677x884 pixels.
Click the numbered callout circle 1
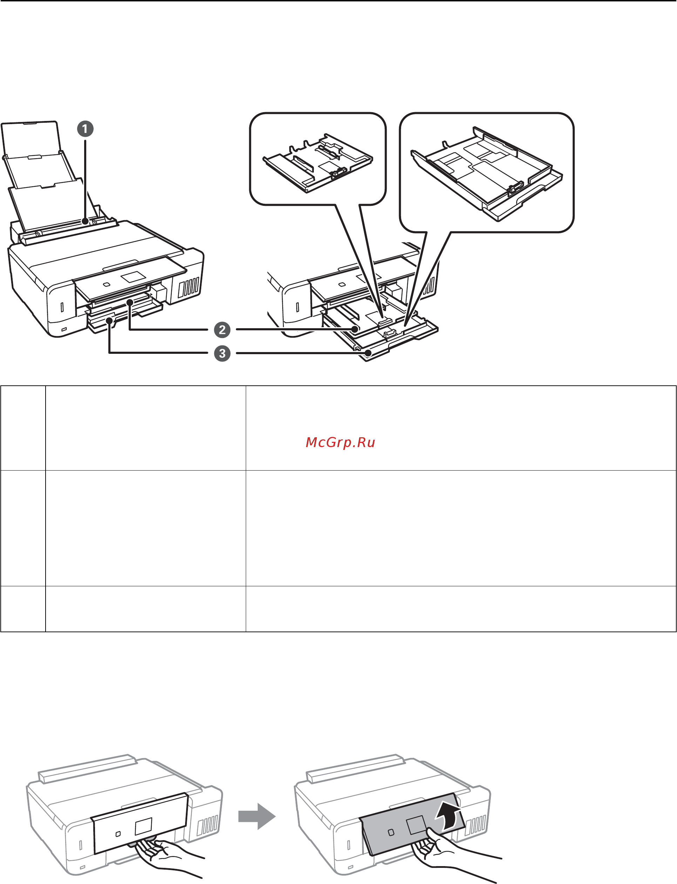click(x=85, y=129)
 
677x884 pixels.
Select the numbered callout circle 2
click(x=222, y=329)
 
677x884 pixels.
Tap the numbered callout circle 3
click(x=222, y=353)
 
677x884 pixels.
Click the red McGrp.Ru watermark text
click(x=340, y=442)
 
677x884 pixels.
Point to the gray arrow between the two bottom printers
click(x=257, y=816)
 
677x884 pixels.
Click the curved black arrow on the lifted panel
click(x=448, y=816)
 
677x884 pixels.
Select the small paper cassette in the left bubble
click(x=318, y=164)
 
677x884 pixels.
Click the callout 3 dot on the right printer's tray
click(x=368, y=353)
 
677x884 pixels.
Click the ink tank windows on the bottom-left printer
click(x=208, y=824)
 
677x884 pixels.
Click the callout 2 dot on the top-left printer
click(x=130, y=302)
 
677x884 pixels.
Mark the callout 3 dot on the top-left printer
click(x=109, y=320)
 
